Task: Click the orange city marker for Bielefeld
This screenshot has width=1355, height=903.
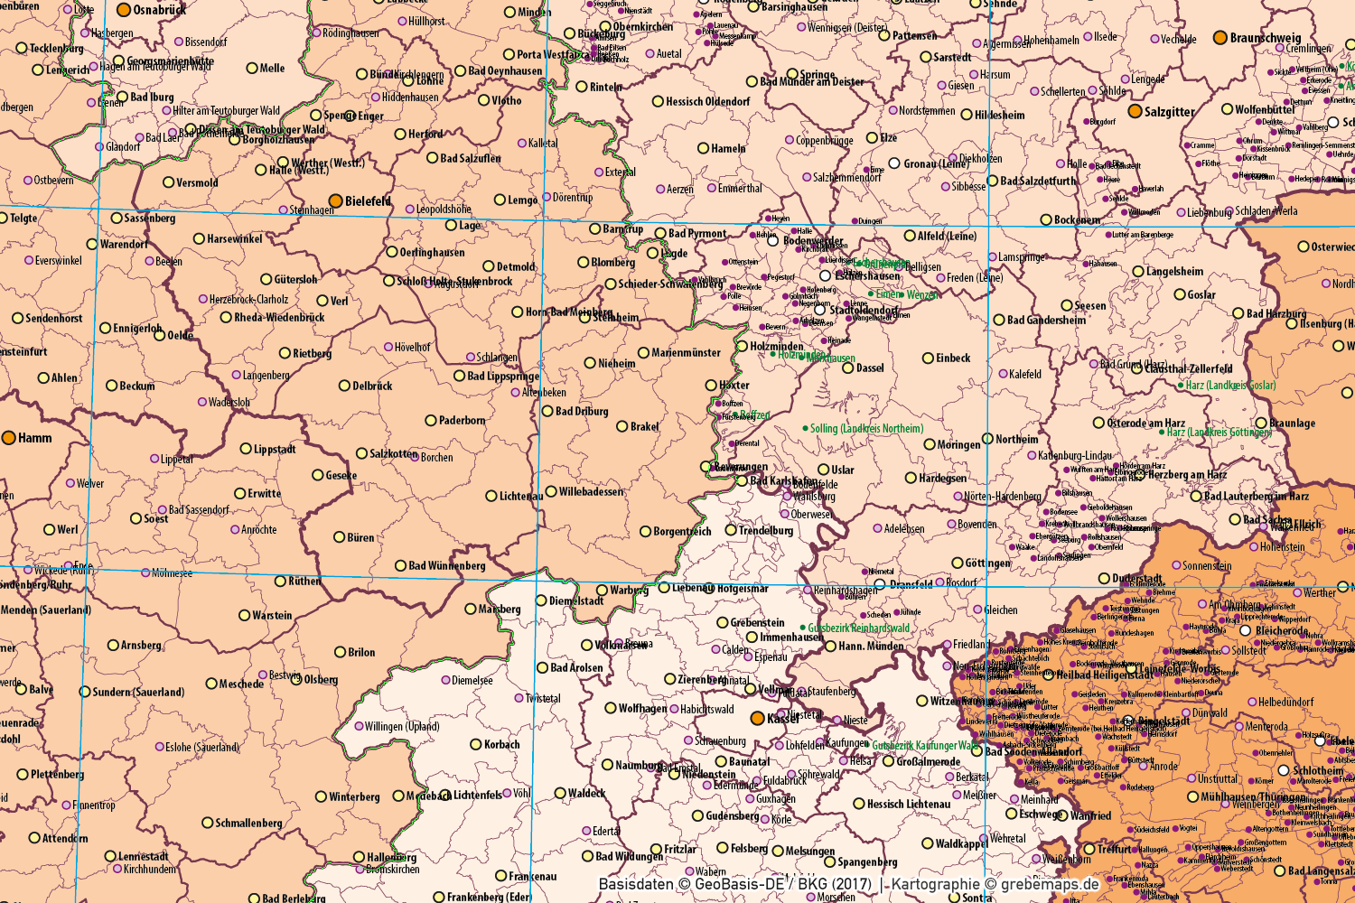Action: [x=335, y=200]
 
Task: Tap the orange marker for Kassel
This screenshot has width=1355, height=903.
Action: [x=758, y=718]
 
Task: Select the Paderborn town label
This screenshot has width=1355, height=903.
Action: [x=462, y=421]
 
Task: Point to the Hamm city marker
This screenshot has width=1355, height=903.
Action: [x=9, y=438]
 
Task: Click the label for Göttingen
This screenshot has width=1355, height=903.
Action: [x=987, y=563]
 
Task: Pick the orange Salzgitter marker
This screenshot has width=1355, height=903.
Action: [x=1135, y=111]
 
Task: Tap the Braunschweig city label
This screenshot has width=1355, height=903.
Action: [x=1266, y=38]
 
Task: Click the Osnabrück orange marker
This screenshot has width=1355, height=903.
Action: [x=124, y=11]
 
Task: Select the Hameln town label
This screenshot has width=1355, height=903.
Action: [x=728, y=149]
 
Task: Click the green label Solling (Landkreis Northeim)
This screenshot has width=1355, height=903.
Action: [x=866, y=429]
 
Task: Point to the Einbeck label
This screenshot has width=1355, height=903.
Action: [x=952, y=358]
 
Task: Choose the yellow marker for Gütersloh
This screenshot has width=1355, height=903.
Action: [x=266, y=280]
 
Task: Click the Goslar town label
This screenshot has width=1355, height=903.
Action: [x=1201, y=295]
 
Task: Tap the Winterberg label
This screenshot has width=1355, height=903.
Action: [x=354, y=797]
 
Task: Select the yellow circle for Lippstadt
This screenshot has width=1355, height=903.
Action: [x=246, y=449]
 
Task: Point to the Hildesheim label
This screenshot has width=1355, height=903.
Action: [x=999, y=116]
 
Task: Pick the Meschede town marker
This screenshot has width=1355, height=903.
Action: [x=211, y=684]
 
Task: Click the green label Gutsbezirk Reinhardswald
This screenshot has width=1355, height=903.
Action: [x=858, y=628]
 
